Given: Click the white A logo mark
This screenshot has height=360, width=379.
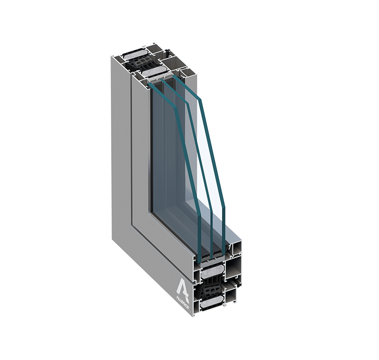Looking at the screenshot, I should (183, 286).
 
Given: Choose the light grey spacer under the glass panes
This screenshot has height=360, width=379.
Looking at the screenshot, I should (216, 257).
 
